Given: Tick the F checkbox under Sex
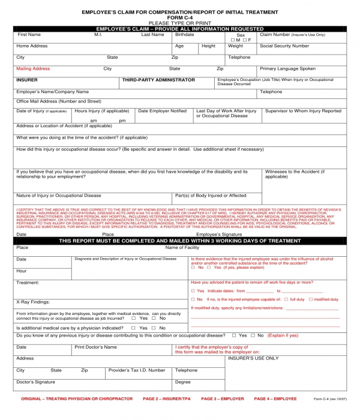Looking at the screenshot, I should (x=243, y=40).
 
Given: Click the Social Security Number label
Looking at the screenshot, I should (x=284, y=46).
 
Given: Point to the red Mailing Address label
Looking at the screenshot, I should (x=33, y=69).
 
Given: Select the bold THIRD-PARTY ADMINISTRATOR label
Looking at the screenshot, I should (x=158, y=80).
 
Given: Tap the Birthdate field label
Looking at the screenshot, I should (x=185, y=35).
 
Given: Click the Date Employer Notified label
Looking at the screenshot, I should (x=162, y=111).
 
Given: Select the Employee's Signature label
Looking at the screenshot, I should (x=223, y=234).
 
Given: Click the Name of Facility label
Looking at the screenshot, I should (x=182, y=247).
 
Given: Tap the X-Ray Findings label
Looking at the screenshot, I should (x=33, y=302).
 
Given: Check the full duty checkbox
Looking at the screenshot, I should (x=286, y=299).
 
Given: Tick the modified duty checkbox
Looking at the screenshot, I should (x=311, y=299).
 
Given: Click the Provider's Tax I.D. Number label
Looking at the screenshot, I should (x=137, y=370).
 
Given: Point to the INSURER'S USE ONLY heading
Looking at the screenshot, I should (x=253, y=358).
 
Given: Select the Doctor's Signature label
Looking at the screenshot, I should (x=35, y=382).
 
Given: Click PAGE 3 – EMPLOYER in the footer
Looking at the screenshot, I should (x=223, y=399).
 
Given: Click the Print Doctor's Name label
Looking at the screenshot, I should (x=95, y=347).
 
